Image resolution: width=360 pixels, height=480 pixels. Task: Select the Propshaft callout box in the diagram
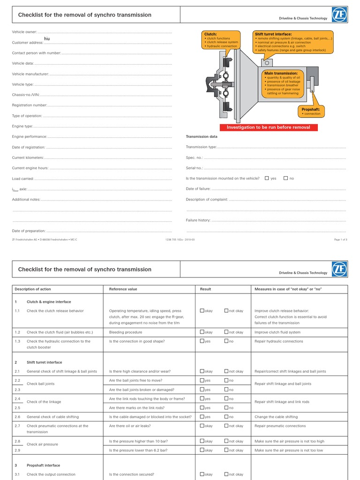point(311,111)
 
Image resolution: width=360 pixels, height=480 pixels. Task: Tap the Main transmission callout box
point(283,83)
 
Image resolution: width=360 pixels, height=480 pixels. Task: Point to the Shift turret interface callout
point(293,42)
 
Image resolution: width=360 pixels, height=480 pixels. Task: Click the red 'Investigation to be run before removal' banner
point(268,127)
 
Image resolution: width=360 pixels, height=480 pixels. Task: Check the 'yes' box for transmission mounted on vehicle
point(267,178)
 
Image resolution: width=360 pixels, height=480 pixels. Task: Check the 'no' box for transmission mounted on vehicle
point(285,178)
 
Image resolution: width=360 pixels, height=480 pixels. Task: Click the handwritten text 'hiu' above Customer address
point(47,38)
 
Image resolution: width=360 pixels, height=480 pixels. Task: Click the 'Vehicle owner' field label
point(24,32)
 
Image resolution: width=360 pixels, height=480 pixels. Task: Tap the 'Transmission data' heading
point(202,137)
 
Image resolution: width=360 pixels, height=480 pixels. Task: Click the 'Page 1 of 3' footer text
point(340,240)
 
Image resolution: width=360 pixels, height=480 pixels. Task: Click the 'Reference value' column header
point(123,289)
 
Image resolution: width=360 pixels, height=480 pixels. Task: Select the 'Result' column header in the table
point(206,289)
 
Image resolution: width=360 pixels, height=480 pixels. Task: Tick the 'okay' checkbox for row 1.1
point(202,310)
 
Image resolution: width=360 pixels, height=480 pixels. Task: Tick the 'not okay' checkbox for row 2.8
point(226,441)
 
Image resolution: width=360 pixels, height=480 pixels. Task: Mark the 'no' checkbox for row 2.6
point(226,416)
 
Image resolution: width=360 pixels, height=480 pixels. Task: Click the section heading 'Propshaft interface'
point(44,465)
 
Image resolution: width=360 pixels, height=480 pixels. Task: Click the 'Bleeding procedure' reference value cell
point(126,332)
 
